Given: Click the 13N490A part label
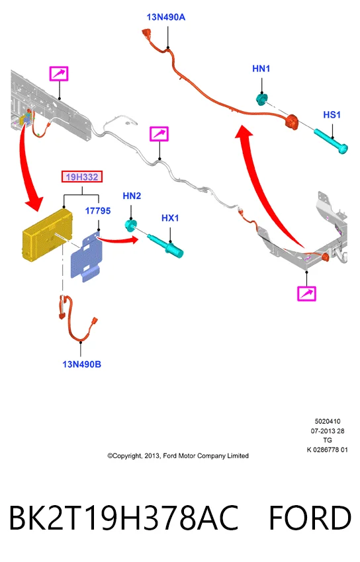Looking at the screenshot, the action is [x=165, y=17].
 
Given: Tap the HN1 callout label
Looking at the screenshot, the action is [x=261, y=69].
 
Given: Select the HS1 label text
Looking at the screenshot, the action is [x=332, y=114].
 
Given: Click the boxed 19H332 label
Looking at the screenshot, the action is [x=82, y=177].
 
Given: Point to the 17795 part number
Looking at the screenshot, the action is [x=98, y=211].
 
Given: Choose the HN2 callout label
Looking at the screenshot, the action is [x=132, y=196].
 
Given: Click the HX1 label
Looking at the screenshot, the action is [x=170, y=218].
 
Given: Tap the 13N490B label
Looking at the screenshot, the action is [x=82, y=364].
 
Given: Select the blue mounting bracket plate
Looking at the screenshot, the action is [x=87, y=257].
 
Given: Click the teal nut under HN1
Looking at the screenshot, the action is [x=262, y=99].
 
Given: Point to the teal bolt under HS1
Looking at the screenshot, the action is [x=331, y=141].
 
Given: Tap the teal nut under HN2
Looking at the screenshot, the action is [x=130, y=225].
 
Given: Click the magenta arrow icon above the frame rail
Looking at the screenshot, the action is [x=59, y=74].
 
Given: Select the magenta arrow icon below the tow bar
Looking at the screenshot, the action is [x=306, y=294].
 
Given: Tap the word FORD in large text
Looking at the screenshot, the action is [x=310, y=518].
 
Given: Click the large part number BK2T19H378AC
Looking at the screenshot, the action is [x=124, y=518].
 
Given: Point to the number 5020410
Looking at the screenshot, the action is [x=328, y=422].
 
